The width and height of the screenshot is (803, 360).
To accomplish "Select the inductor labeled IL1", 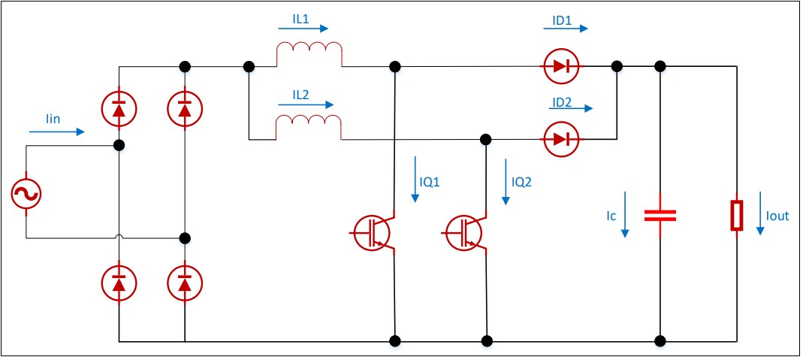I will [309, 56].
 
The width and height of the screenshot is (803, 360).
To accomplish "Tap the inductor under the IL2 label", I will [309, 128].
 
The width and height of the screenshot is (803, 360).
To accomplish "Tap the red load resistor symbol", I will [738, 215].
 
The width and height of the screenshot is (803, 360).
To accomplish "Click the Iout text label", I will [778, 216].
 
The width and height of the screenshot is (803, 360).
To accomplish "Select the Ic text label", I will [611, 216].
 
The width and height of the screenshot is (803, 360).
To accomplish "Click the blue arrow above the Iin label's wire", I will [57, 132].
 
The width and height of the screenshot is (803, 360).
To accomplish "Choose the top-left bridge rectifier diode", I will [119, 110].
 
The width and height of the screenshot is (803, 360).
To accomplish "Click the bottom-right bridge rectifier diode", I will [185, 283].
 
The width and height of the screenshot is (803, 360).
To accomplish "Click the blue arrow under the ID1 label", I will [566, 30].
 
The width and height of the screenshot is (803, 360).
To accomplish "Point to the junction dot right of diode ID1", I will [617, 67].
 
